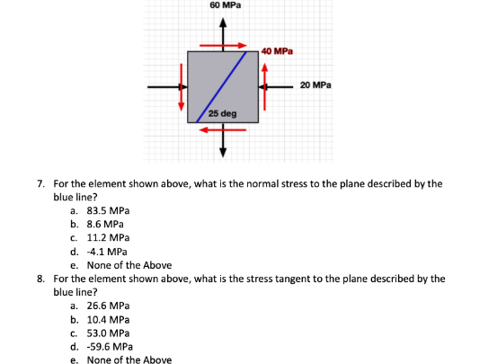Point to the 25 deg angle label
pyautogui.click(x=222, y=115)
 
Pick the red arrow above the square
pyautogui.click(x=223, y=44)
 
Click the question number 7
pyautogui.click(x=41, y=183)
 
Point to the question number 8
pyautogui.click(x=41, y=279)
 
